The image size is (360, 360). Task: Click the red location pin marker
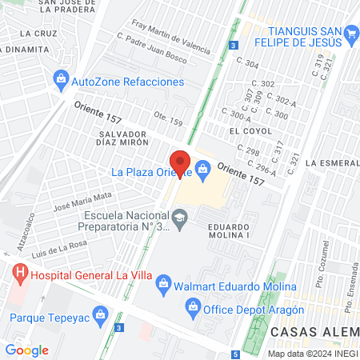pos(179,162)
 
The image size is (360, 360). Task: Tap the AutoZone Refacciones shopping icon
pos(61,80)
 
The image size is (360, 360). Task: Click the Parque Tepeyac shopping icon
pos(99,315)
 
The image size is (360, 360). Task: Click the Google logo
pos(27,350)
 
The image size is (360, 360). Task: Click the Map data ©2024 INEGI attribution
pos(312,354)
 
